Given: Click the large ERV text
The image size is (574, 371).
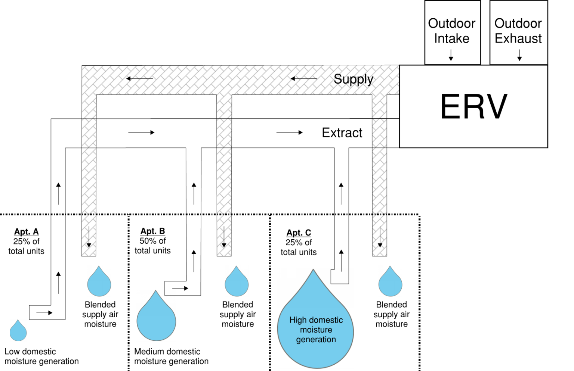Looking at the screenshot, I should (473, 107).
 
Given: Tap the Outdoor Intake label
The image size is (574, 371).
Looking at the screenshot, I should (451, 31).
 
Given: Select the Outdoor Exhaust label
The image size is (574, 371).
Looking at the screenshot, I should (518, 31).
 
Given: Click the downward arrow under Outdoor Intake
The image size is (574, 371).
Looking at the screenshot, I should (451, 55).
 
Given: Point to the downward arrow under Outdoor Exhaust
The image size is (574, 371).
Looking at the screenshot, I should (519, 55).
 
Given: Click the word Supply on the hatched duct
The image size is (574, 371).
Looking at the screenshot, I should (353, 79).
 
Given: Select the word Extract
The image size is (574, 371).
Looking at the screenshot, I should (342, 133).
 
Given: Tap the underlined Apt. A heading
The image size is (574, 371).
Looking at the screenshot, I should (26, 232).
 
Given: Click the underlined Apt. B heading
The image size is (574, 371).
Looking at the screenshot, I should (152, 231).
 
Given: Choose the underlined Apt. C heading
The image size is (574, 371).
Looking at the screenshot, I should (299, 233).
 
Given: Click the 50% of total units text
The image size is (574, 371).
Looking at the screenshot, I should (152, 246).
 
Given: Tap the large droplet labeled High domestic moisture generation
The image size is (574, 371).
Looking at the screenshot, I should (315, 325).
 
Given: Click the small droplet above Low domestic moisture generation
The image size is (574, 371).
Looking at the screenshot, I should (18, 331).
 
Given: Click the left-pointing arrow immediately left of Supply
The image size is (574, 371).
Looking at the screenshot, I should (303, 79).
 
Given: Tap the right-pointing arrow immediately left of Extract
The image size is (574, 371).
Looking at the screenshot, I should (290, 132).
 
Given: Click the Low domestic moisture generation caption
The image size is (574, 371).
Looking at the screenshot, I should (41, 356).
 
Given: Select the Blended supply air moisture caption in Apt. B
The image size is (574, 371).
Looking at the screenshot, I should (238, 314).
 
